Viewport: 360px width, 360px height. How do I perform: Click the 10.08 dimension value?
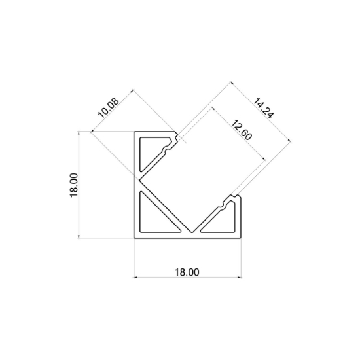point(109,107)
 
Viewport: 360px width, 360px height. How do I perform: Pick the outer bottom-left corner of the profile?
point(134,236)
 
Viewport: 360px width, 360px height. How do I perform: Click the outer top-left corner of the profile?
point(134,131)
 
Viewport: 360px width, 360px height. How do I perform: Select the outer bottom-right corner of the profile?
point(240,236)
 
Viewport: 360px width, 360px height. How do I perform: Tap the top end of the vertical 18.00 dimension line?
point(80,131)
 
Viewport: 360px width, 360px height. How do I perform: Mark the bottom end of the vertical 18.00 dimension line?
point(80,237)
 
